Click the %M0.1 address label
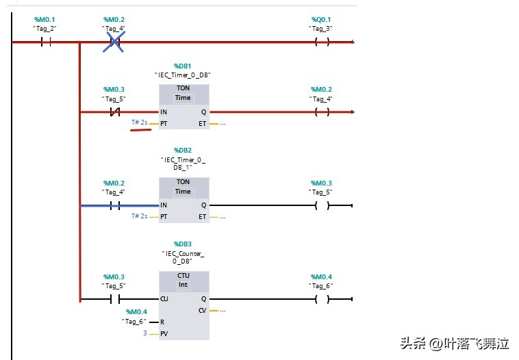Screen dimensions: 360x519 tap(46, 19)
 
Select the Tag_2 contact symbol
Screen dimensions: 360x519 tap(46, 42)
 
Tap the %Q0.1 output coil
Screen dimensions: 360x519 tap(321, 42)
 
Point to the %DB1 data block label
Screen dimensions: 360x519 tap(183, 66)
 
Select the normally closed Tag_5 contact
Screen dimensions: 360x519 tap(115, 112)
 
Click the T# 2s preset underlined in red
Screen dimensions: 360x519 tap(139, 123)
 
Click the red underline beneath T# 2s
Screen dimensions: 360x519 tap(140, 128)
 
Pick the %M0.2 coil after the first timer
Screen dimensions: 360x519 tap(321, 112)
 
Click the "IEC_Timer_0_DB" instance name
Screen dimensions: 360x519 tap(183, 74)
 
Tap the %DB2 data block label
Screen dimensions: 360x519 tap(183, 150)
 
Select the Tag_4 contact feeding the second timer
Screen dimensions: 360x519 tap(115, 205)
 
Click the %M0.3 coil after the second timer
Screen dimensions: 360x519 tap(321, 205)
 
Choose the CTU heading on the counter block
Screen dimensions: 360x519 tap(183, 275)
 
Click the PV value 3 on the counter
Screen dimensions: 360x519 tap(144, 333)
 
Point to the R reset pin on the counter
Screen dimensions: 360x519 tap(162, 322)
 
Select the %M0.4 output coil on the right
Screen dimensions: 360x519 tap(321, 299)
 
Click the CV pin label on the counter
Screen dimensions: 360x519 tap(202, 310)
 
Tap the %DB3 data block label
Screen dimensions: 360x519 tap(183, 244)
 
